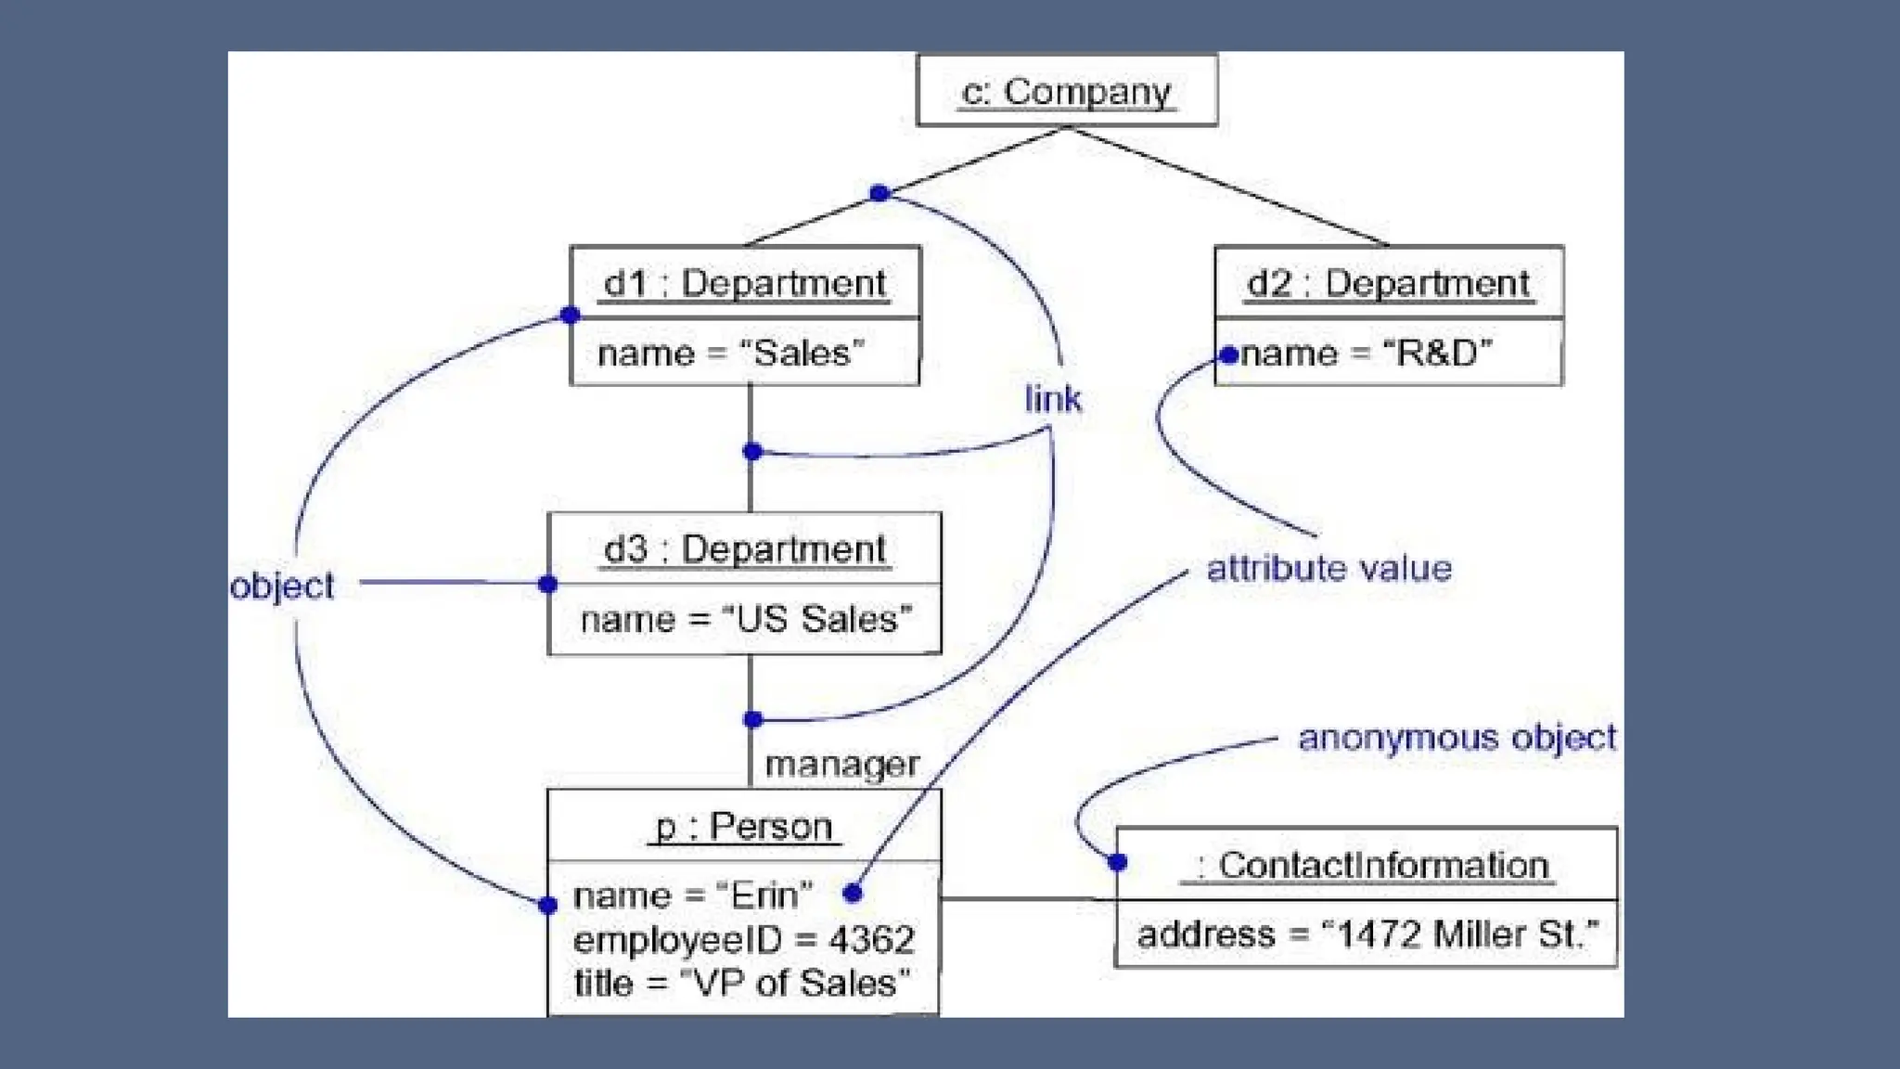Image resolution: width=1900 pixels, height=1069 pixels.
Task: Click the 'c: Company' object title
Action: (1066, 92)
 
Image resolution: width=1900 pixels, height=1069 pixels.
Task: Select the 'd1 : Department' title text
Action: (744, 283)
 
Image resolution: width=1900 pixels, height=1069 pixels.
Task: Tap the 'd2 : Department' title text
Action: (1388, 283)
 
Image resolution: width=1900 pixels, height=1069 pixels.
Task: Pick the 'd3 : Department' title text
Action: (744, 549)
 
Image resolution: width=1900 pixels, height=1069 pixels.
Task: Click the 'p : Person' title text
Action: (743, 826)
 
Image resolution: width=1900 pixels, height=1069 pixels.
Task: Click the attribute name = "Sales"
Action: (731, 354)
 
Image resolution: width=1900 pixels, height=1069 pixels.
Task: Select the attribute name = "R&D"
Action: (1367, 354)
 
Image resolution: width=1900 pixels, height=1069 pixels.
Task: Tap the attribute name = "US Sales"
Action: (746, 619)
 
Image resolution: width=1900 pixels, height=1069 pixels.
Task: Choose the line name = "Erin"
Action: (693, 895)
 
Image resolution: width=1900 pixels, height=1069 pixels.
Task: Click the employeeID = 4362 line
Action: (744, 940)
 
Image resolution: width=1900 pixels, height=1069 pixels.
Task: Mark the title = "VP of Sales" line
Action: (742, 983)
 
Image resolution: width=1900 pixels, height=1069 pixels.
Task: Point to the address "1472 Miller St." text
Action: (1367, 934)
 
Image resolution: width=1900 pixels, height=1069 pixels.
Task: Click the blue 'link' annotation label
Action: (1053, 399)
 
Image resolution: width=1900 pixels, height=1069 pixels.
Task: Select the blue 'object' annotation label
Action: (282, 586)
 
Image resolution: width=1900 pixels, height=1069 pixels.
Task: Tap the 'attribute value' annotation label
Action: (1329, 568)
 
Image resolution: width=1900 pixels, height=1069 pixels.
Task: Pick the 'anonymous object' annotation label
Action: (1457, 738)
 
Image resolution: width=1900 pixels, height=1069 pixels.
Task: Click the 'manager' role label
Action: (841, 765)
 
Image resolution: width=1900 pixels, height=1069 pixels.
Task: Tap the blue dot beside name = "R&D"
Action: (1229, 354)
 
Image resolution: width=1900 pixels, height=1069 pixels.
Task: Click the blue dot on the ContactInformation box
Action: (1118, 863)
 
